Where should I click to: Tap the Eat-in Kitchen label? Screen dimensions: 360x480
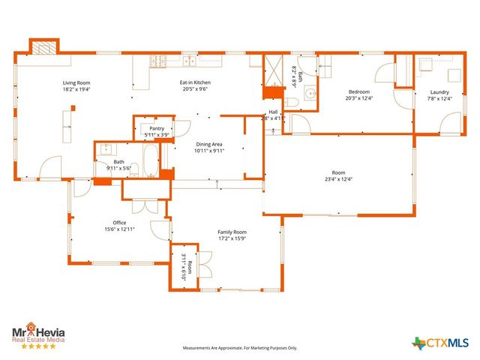194,82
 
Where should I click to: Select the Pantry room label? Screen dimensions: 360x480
157,128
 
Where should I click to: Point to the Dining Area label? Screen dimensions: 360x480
210,144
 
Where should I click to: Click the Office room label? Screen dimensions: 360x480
119,222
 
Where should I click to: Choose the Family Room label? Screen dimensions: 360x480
232,232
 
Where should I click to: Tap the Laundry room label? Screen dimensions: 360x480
440,92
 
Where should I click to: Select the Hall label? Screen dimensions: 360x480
273,112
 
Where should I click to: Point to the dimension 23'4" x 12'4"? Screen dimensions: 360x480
338,179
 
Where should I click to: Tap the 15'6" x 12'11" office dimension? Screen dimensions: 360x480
119,229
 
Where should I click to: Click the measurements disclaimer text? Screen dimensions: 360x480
240,348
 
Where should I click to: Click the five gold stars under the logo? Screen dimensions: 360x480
37,346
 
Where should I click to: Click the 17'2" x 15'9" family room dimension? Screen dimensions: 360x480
232,239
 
